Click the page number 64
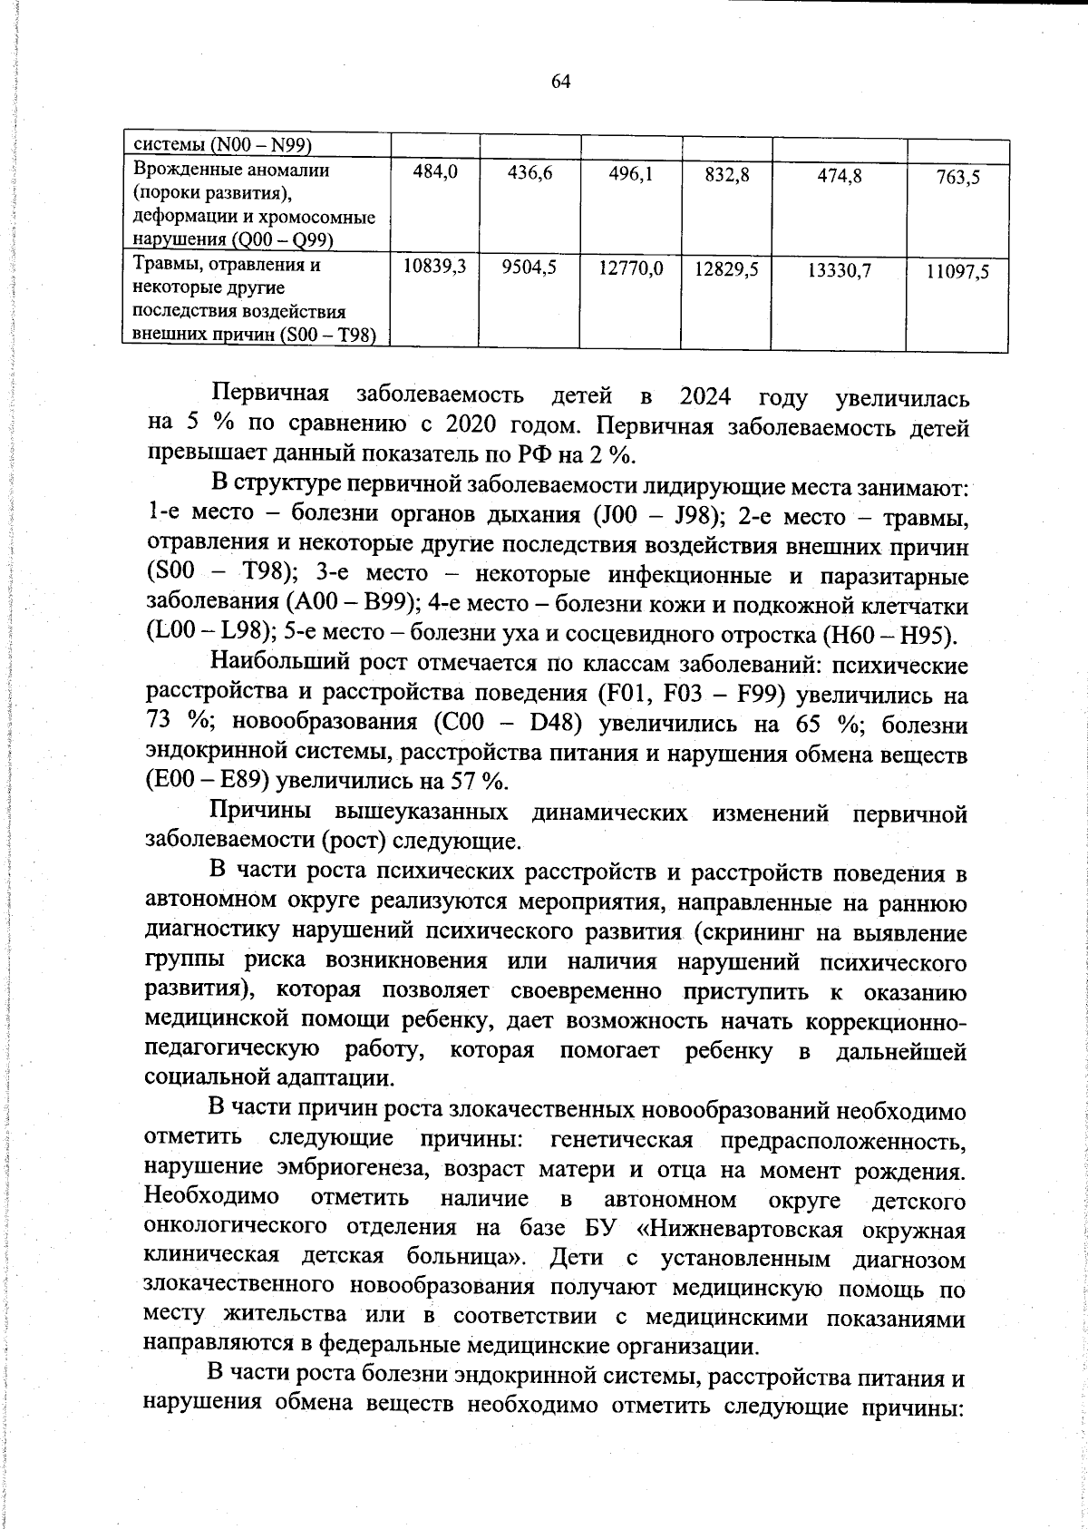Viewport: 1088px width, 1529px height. [x=560, y=82]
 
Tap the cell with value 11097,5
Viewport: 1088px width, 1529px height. [x=957, y=272]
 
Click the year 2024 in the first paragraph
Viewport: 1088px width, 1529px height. [x=705, y=397]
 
